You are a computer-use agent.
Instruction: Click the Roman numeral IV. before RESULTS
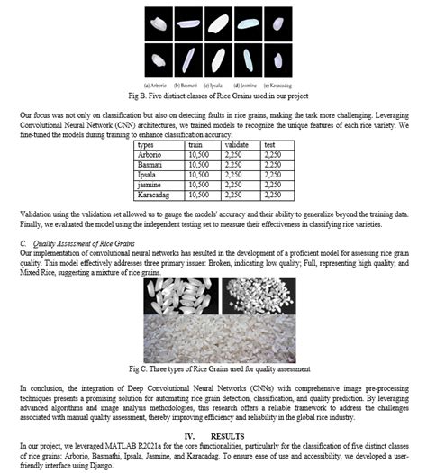point(191,434)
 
